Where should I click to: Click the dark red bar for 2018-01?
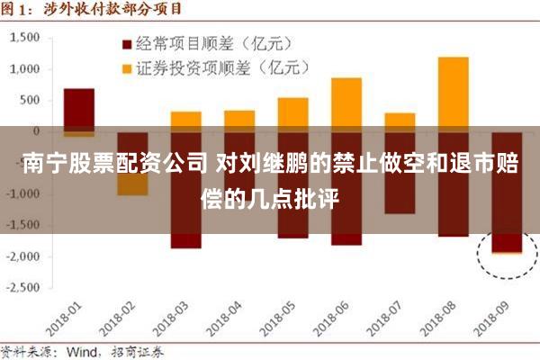78,108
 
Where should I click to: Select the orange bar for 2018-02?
132,185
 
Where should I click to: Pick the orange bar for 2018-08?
453,90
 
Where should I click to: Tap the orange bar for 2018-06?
346,101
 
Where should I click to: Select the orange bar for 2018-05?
292,112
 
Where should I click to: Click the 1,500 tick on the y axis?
28,38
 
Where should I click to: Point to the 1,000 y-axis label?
28,69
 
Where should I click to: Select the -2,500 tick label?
24,288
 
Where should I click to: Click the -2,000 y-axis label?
24,256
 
